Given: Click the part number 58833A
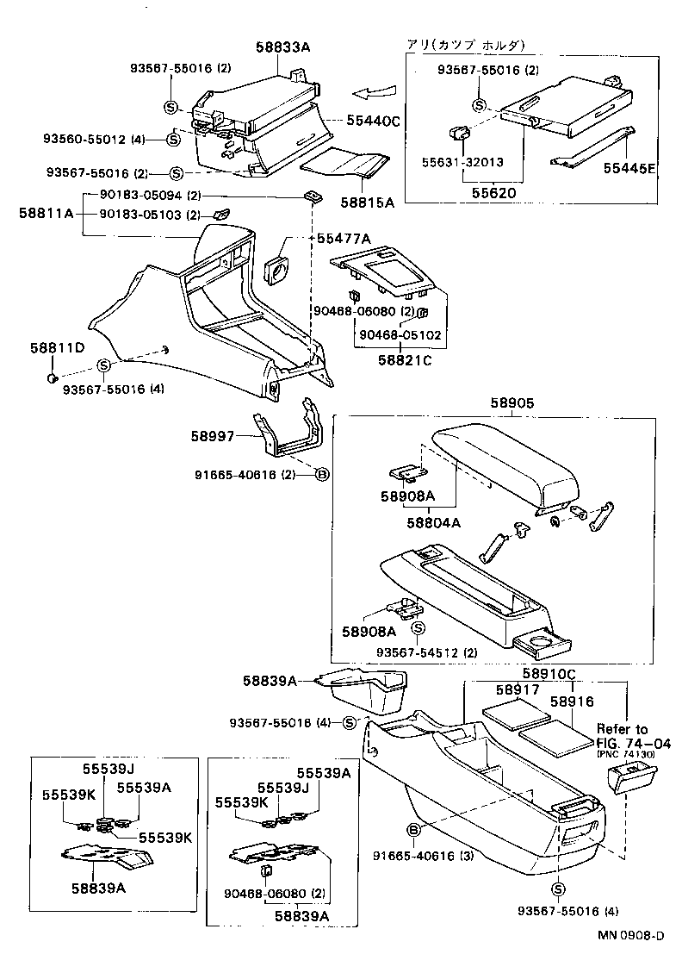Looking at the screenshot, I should (282, 49).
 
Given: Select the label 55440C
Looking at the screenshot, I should (373, 122).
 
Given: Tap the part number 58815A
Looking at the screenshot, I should (367, 203).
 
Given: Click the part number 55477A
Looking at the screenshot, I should (344, 238).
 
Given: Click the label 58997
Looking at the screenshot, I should (213, 437).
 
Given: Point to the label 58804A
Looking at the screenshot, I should (433, 521).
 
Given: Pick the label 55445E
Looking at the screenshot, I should (629, 169).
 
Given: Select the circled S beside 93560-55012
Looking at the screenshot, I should (173, 138).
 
